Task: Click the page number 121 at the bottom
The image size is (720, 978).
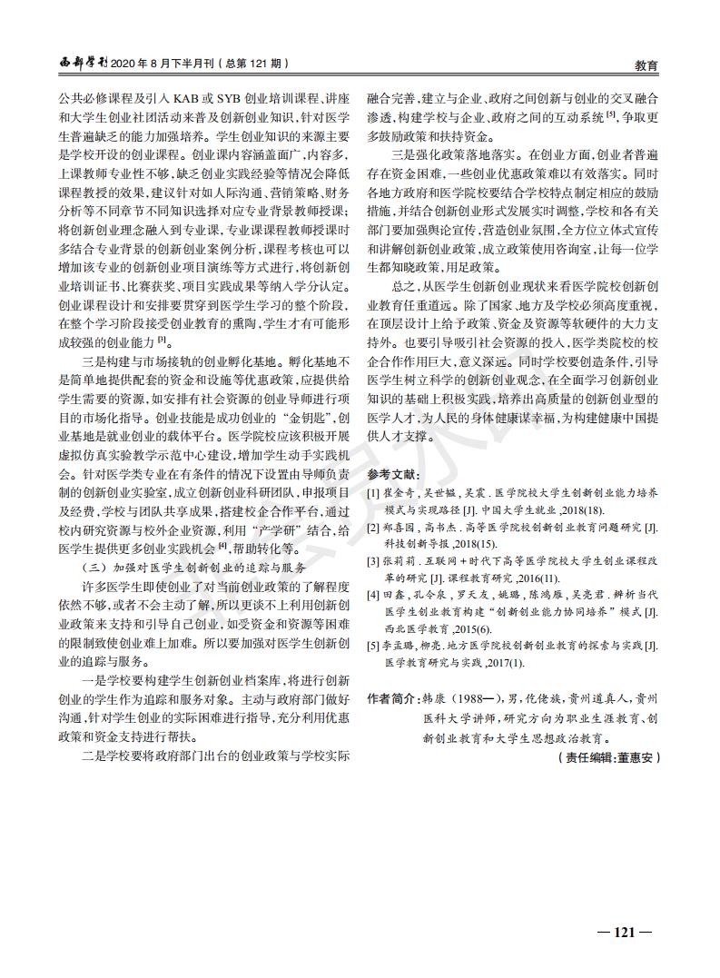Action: (x=624, y=931)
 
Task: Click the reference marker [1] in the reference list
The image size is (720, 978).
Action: (x=372, y=492)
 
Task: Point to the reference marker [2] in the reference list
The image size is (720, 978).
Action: (x=372, y=527)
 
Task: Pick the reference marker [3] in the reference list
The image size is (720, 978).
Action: (x=372, y=561)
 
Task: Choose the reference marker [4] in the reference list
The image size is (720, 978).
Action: (x=372, y=595)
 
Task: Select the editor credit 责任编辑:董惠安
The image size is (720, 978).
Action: (x=607, y=756)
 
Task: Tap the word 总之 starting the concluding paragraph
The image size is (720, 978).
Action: (x=401, y=285)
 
